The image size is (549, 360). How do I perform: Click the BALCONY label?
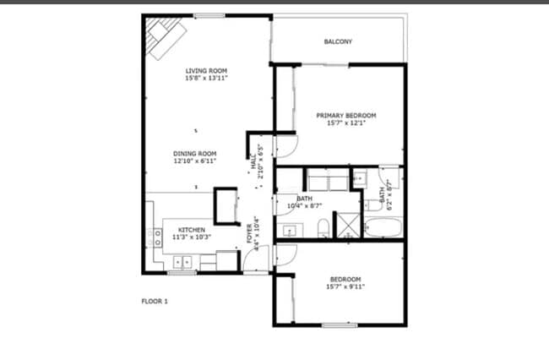click(338, 42)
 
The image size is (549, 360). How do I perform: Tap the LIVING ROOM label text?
click(206, 71)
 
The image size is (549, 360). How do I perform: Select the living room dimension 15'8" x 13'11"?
click(206, 79)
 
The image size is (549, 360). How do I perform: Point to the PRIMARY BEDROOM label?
click(345, 115)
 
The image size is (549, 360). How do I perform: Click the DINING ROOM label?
click(195, 153)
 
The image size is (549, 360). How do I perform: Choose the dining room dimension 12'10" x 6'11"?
click(195, 161)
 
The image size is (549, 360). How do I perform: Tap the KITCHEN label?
click(191, 230)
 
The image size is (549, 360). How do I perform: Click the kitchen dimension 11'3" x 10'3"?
click(191, 237)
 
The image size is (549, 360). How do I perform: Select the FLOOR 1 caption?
click(154, 301)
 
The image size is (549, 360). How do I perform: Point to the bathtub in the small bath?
click(384, 226)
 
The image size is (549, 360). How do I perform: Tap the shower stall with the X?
click(347, 224)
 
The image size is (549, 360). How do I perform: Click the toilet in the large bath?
click(323, 227)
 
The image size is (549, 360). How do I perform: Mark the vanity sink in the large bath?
click(290, 230)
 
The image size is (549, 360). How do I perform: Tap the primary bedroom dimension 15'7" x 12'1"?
click(345, 123)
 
